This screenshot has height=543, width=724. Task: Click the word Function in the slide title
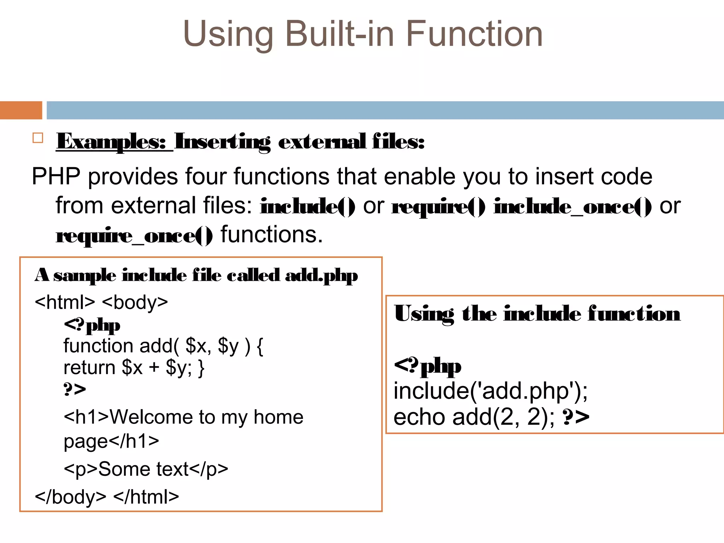coord(474,34)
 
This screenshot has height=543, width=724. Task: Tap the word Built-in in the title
coord(339,34)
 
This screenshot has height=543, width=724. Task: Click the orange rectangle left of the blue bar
coord(21,110)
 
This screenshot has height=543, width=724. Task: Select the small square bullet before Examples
coord(38,138)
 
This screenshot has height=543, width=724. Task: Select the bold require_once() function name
coord(134,236)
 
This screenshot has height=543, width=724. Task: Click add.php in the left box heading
coord(321,276)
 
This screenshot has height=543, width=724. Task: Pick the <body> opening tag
coord(135,303)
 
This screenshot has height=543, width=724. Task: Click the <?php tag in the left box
coord(92,325)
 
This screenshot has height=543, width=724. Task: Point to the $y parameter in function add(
coord(228,346)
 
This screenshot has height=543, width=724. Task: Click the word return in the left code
coord(89,368)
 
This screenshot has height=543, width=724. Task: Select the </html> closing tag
coord(146,497)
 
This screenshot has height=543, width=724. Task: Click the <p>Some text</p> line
coord(146,469)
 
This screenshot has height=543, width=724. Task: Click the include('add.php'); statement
coord(490,392)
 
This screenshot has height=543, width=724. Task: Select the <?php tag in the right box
coord(427,366)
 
